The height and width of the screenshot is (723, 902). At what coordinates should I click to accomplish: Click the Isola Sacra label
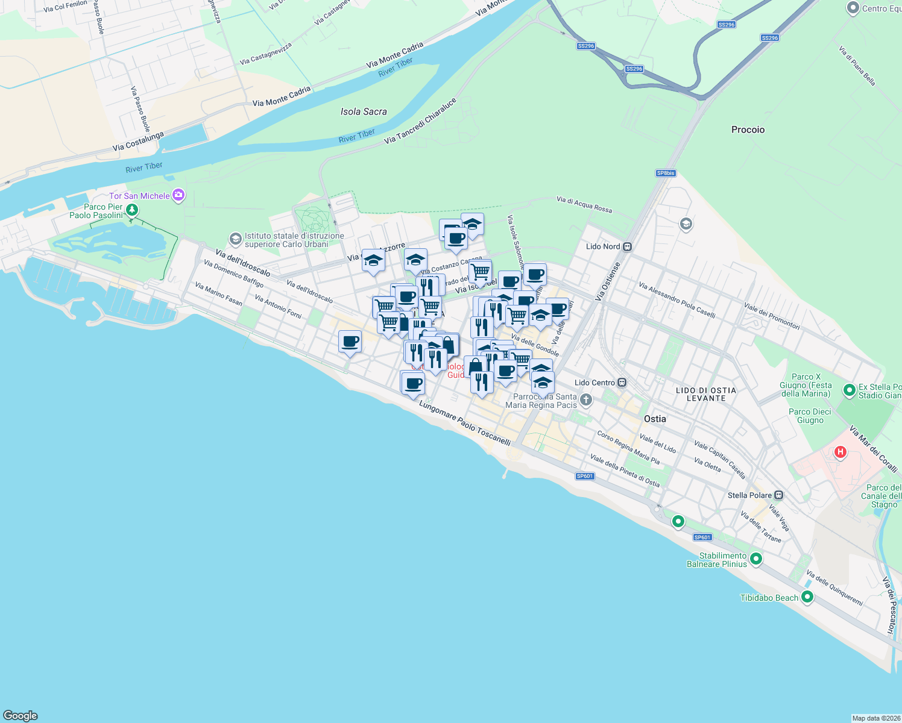pyautogui.click(x=364, y=111)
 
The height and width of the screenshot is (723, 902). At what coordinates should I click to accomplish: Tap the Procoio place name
pyautogui.click(x=748, y=130)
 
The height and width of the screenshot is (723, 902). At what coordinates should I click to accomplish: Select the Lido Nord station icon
pyautogui.click(x=628, y=246)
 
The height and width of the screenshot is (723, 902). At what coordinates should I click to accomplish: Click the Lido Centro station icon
pyautogui.click(x=622, y=383)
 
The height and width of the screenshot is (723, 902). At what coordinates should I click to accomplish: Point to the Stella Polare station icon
pyautogui.click(x=779, y=495)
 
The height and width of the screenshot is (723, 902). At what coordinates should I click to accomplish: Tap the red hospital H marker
pyautogui.click(x=840, y=452)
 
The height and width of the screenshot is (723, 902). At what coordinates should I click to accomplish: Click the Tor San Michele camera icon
pyautogui.click(x=178, y=195)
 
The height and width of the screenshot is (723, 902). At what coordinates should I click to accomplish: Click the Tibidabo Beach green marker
pyautogui.click(x=807, y=597)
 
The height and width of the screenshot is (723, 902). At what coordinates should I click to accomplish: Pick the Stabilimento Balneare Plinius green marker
pyautogui.click(x=755, y=559)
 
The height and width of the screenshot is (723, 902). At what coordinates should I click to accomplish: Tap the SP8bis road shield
pyautogui.click(x=666, y=173)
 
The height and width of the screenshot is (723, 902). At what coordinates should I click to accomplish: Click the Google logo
pyautogui.click(x=20, y=716)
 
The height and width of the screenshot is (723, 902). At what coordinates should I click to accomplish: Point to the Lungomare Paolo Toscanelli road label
pyautogui.click(x=465, y=424)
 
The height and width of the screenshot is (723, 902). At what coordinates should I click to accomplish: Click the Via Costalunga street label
pyautogui.click(x=138, y=142)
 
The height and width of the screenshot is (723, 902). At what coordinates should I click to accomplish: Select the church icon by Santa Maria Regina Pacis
pyautogui.click(x=585, y=400)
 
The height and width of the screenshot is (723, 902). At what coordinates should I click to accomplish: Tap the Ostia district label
pyautogui.click(x=655, y=419)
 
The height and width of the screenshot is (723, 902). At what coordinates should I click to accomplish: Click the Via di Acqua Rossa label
pyautogui.click(x=584, y=204)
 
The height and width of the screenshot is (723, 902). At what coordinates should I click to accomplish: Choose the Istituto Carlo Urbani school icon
pyautogui.click(x=236, y=239)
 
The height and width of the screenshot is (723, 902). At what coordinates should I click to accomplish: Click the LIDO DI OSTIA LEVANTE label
pyautogui.click(x=705, y=394)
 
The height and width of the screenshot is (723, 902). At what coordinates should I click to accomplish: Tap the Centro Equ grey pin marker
pyautogui.click(x=853, y=8)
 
